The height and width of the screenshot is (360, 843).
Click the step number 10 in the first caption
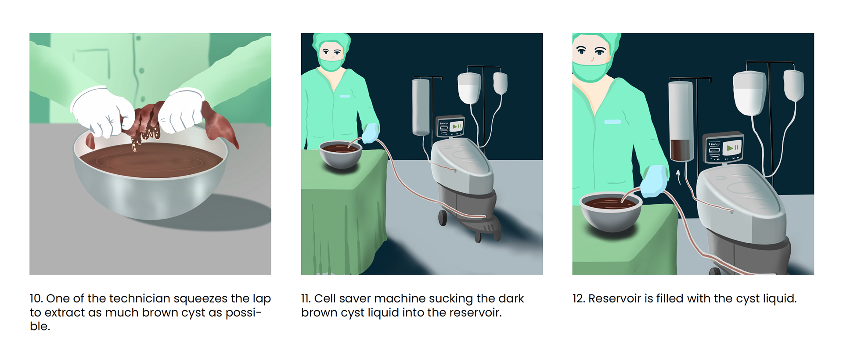(36, 299)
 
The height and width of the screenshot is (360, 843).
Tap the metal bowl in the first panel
(150, 176)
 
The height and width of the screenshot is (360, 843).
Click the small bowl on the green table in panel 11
(340, 154)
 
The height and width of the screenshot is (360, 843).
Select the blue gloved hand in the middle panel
(370, 133)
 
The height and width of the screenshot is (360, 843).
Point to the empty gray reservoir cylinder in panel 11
(421, 107)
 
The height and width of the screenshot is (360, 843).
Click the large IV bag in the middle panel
(469, 88)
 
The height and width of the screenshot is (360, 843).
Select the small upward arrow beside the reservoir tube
(679, 177)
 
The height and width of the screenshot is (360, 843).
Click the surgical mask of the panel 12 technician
(591, 71)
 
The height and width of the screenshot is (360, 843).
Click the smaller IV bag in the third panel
(794, 86)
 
